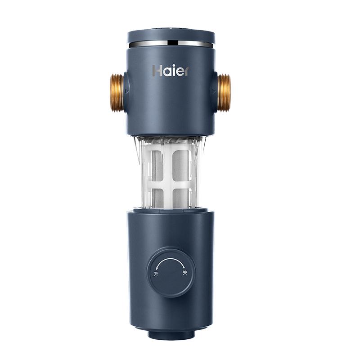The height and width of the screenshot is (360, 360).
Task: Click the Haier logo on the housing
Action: coord(171,71)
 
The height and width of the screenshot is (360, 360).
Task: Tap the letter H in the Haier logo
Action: coord(157,71)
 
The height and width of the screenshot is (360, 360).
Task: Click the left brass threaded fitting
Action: coord(117,93)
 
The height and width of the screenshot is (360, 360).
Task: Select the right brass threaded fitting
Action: coord(224,93)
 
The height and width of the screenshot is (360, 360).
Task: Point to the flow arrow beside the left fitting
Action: coord(126,91)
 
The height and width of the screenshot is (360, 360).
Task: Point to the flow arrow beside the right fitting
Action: coord(213,91)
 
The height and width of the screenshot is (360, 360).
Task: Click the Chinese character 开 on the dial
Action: coord(156,274)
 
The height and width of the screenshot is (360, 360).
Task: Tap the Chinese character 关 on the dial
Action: coord(184,273)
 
